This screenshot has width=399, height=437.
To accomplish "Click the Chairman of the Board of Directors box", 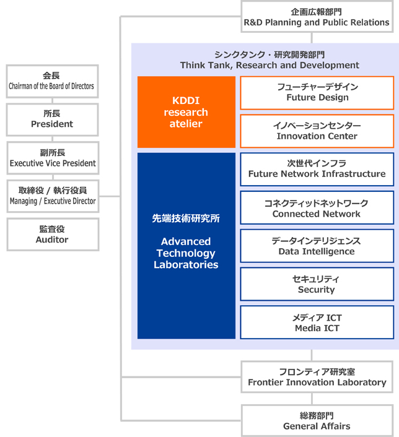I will (52, 81).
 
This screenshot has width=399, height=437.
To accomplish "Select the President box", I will (52, 119).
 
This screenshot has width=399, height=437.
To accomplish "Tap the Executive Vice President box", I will (52, 158).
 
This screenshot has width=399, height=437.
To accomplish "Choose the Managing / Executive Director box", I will (52, 196).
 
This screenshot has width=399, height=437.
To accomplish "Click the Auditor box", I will (52, 234).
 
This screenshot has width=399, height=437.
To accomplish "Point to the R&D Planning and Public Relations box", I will (316, 17).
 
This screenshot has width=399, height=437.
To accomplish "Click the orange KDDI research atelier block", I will (186, 112).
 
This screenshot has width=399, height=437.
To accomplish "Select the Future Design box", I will (317, 92).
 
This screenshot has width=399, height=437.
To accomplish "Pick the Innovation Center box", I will (317, 131).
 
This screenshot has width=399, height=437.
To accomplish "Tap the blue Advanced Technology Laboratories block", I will (186, 246).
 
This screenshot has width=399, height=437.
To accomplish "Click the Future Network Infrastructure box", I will (317, 169).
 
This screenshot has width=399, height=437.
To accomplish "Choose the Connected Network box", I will (317, 208).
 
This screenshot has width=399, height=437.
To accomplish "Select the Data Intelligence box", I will (317, 246).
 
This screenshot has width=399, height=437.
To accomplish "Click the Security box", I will (317, 284).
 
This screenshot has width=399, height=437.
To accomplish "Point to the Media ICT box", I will (317, 322).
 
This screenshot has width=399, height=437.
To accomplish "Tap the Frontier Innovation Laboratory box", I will (317, 377).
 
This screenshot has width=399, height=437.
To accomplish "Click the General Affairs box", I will (317, 421).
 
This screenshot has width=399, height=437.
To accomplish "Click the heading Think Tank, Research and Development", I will (270, 65).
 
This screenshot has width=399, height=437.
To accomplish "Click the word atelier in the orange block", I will (186, 124).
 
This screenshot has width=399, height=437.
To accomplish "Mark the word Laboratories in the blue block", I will (186, 265).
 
